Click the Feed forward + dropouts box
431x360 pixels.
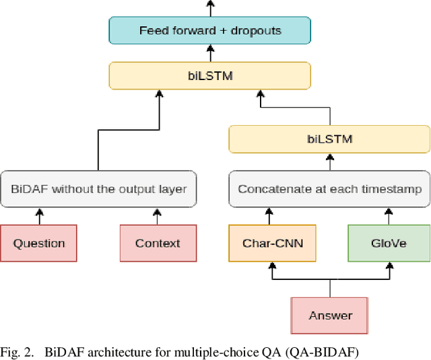pyautogui.click(x=209, y=30)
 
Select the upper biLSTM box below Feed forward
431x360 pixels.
pyautogui.click(x=209, y=76)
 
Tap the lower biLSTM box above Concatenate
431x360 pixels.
pyautogui.click(x=329, y=139)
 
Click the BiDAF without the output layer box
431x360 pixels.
pyautogui.click(x=98, y=189)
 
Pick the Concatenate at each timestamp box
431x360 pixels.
pyautogui.click(x=329, y=189)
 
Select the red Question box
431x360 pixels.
pyautogui.click(x=39, y=243)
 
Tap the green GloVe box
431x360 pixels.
pyautogui.click(x=389, y=243)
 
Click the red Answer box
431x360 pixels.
pyautogui.click(x=330, y=315)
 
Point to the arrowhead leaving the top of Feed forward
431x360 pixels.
pyautogui.click(x=209, y=4)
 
